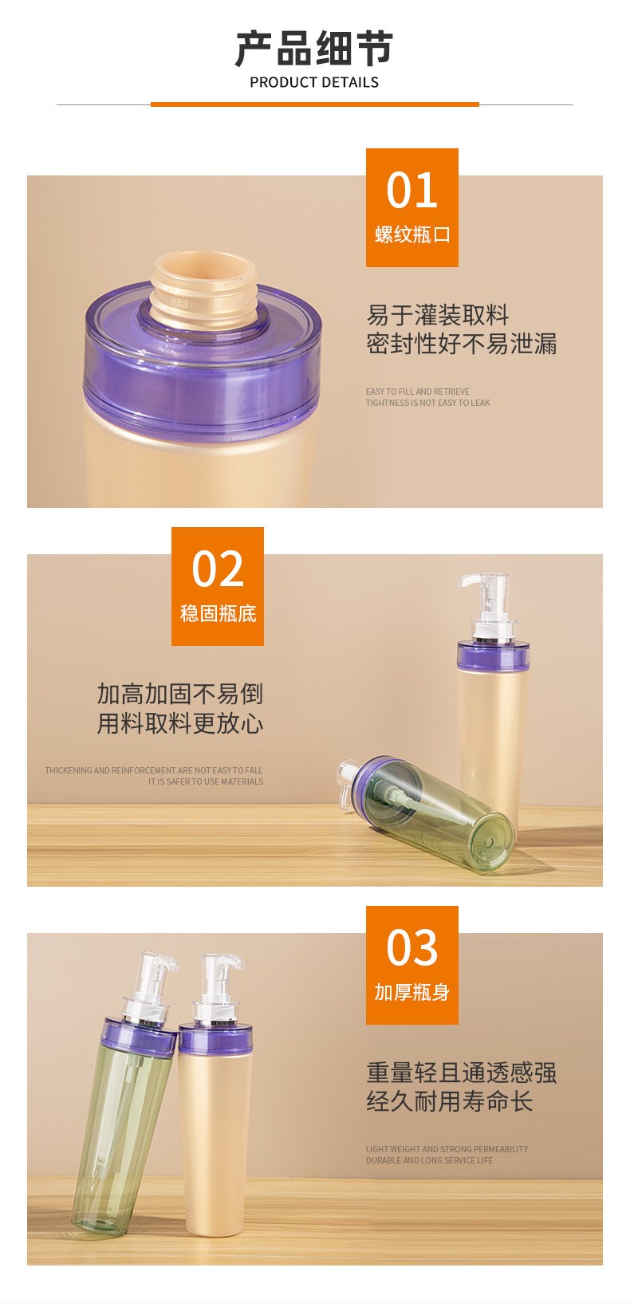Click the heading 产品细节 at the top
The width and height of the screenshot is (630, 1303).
click(x=314, y=49)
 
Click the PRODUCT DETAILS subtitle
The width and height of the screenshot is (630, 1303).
click(x=314, y=83)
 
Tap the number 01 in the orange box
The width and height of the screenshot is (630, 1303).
click(x=411, y=191)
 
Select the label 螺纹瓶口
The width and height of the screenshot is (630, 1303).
click(x=412, y=234)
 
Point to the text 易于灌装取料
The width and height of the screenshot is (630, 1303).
click(x=438, y=315)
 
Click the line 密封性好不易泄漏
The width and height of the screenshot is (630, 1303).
click(x=461, y=344)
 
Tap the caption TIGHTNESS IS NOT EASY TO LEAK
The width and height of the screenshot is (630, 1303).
click(x=427, y=403)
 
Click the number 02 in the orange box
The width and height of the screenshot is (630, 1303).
click(x=218, y=569)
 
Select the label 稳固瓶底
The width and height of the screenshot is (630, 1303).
click(x=219, y=614)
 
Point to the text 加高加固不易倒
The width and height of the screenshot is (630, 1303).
click(x=180, y=694)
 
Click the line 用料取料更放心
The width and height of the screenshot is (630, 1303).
click(x=180, y=723)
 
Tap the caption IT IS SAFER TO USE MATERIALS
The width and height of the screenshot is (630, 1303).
click(x=206, y=781)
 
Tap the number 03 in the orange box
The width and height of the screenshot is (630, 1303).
click(x=411, y=947)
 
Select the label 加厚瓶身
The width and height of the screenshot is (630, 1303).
click(x=412, y=992)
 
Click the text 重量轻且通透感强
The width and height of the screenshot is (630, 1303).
click(x=461, y=1073)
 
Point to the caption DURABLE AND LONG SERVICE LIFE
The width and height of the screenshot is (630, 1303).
click(x=429, y=1160)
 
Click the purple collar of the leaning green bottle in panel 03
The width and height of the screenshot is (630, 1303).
click(x=139, y=1037)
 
